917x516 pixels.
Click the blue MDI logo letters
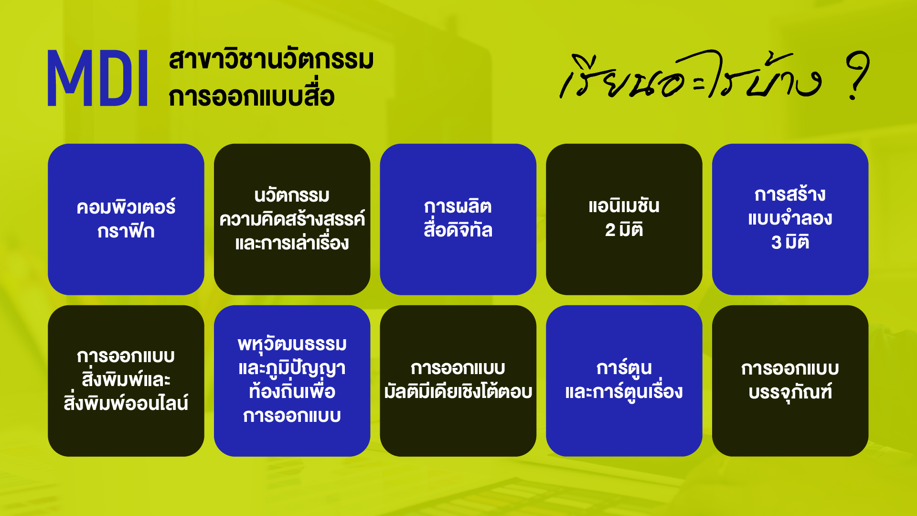[97, 78]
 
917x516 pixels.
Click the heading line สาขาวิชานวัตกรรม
[271, 60]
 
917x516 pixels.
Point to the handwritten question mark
[857, 75]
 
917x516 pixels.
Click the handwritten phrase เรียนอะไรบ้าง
[691, 75]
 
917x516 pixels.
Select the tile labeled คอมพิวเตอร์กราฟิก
[126, 219]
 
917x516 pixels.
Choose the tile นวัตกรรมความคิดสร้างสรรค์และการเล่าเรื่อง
[292, 219]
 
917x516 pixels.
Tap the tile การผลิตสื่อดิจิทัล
[458, 219]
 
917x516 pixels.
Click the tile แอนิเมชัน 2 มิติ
[624, 219]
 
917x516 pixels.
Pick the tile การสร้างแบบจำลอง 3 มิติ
[790, 219]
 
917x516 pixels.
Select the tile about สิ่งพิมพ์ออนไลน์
[126, 381]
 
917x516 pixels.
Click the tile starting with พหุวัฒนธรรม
[292, 381]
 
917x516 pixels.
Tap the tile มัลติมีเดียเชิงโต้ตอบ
[458, 381]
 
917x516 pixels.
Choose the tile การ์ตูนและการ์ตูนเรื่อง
[624, 381]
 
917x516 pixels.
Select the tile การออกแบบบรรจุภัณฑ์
[790, 381]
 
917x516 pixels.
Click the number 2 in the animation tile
[610, 230]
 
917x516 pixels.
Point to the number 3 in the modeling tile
[777, 243]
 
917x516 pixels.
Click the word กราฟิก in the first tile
[126, 231]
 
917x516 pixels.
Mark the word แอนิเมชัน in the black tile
[624, 205]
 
